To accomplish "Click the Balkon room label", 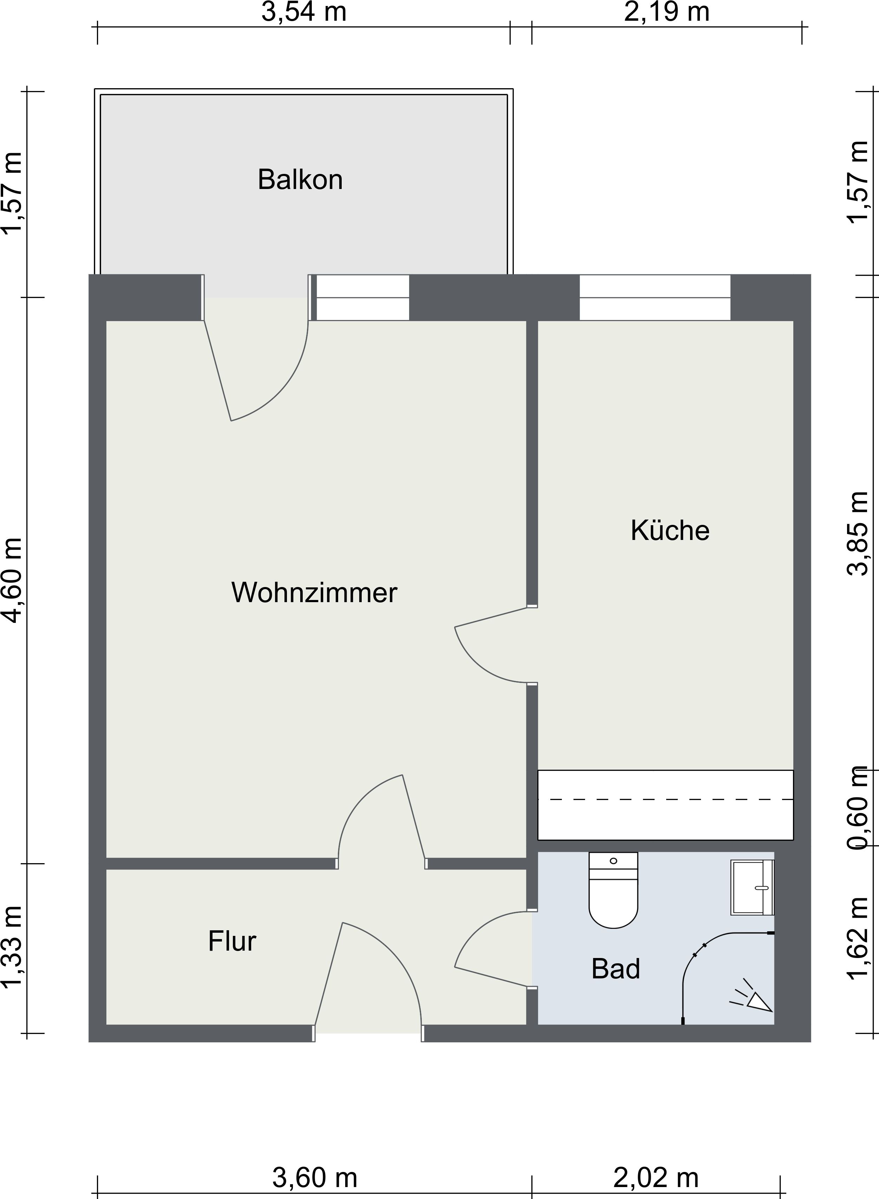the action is (300, 180).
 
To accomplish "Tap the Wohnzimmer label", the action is (314, 592).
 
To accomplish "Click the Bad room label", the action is (616, 969).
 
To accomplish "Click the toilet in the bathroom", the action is (613, 890).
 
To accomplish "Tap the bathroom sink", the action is (752, 887).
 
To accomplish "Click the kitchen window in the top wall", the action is (655, 298).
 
